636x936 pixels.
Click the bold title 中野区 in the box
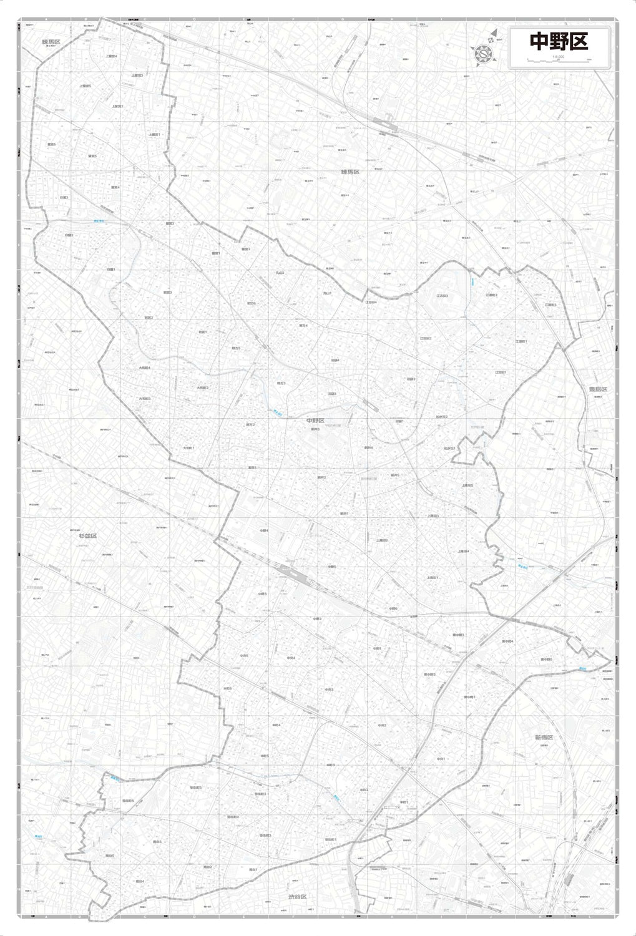click(559, 42)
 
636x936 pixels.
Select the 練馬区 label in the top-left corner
click(51, 42)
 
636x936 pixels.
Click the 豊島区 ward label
click(597, 389)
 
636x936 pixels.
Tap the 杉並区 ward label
click(87, 535)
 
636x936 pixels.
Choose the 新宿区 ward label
click(544, 737)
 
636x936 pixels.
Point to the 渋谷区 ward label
click(298, 897)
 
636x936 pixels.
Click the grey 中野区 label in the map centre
click(315, 421)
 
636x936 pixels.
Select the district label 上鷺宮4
click(112, 56)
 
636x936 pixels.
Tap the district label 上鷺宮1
click(155, 134)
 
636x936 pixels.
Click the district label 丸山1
click(328, 292)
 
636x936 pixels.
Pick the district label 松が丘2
click(442, 416)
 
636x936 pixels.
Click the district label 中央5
click(243, 656)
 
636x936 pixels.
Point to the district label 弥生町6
click(128, 801)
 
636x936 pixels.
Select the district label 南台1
click(253, 869)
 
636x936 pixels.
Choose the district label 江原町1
click(521, 341)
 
